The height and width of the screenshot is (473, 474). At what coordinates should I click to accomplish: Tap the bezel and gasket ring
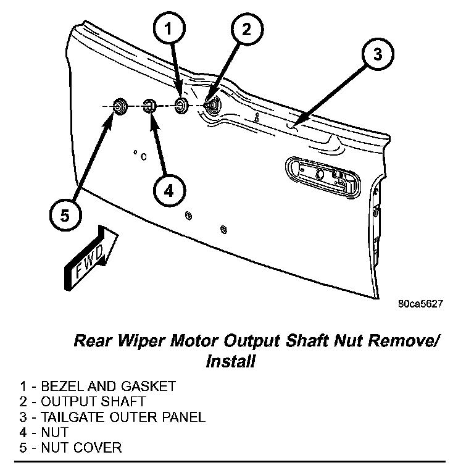(x=181, y=106)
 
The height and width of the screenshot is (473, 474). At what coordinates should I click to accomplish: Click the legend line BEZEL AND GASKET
(x=98, y=387)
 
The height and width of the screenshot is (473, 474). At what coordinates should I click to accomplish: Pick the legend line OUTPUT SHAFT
(x=83, y=401)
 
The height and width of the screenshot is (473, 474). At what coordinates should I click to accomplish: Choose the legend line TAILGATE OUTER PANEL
(x=112, y=417)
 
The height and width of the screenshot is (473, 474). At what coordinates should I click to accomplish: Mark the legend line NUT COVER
(x=70, y=448)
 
